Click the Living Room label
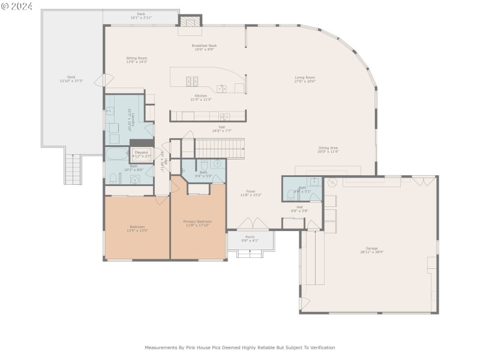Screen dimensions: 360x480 pyautogui.click(x=305, y=77)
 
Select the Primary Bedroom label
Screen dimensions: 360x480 pyautogui.click(x=197, y=221)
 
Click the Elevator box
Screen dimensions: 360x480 pyautogui.click(x=141, y=154)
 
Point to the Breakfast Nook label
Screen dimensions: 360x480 pyautogui.click(x=204, y=46)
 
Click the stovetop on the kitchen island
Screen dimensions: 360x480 pyautogui.click(x=193, y=82)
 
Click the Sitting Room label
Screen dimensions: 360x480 pyautogui.click(x=137, y=58)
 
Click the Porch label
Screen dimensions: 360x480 pyautogui.click(x=250, y=237)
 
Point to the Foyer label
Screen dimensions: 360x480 pyautogui.click(x=251, y=191)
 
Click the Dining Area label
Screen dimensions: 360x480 pyautogui.click(x=328, y=148)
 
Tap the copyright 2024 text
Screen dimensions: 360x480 pyautogui.click(x=16, y=7)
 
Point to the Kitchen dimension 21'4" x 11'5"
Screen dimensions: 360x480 pyautogui.click(x=201, y=100)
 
